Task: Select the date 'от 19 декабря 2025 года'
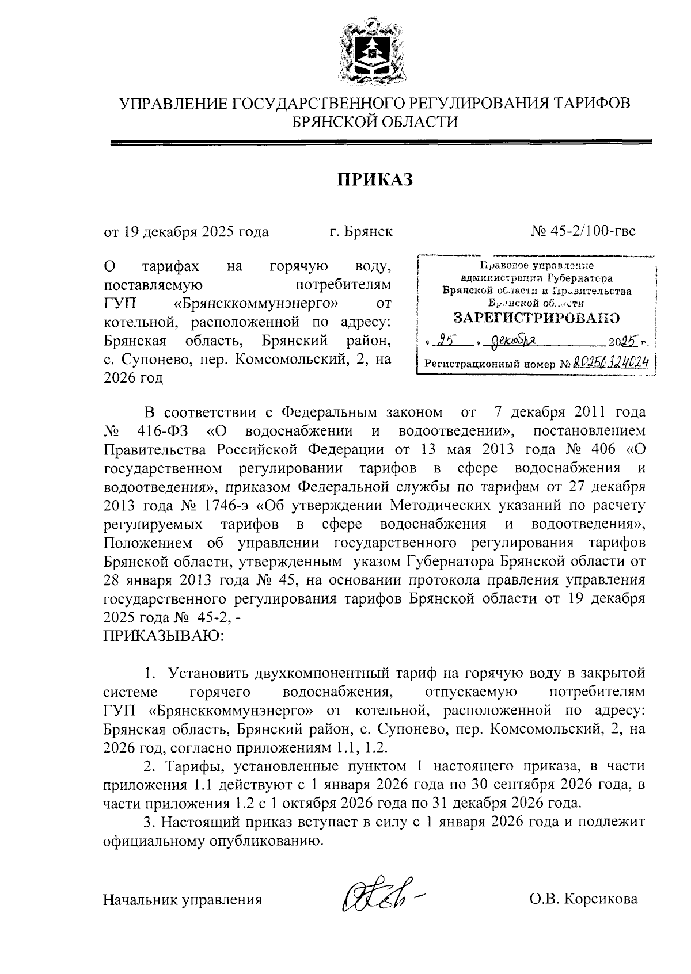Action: coord(186,232)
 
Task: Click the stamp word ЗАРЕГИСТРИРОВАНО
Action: coord(537,318)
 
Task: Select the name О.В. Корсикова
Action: coord(584,899)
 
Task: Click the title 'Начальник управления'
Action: coord(183,899)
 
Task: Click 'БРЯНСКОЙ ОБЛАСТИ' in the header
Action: coord(375,121)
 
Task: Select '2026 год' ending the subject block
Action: coord(133,379)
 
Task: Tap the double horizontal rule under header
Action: coord(381,142)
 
